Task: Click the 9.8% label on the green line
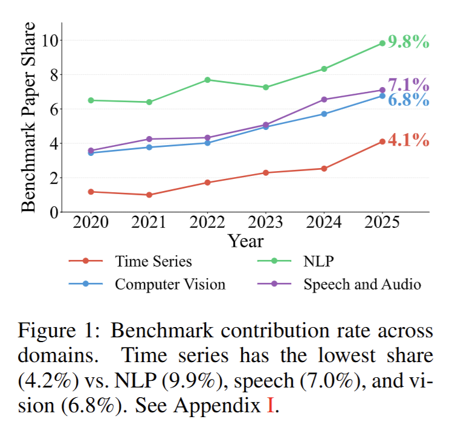pyautogui.click(x=408, y=42)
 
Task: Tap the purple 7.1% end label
pyautogui.click(x=408, y=85)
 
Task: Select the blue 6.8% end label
pyautogui.click(x=408, y=100)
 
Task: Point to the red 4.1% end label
pyautogui.click(x=408, y=141)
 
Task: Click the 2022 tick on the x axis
pyautogui.click(x=207, y=222)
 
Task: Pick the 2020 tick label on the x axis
pyautogui.click(x=90, y=222)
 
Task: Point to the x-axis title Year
pyautogui.click(x=246, y=241)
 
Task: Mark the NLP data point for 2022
pyautogui.click(x=207, y=80)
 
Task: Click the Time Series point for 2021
pyautogui.click(x=149, y=195)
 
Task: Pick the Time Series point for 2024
pyautogui.click(x=324, y=169)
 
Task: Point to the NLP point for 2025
pyautogui.click(x=382, y=43)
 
